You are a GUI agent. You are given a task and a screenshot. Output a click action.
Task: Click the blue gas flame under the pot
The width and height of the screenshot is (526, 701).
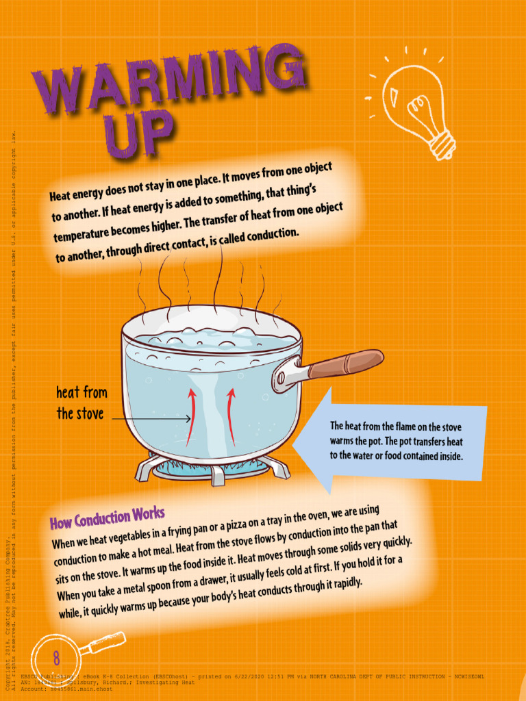coord(205,470)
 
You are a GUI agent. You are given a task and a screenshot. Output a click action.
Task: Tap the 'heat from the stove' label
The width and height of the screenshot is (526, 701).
coord(82,403)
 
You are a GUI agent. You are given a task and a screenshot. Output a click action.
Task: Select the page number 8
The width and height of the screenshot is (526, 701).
coord(56,659)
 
